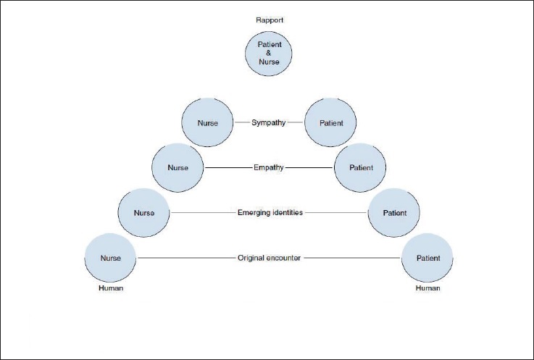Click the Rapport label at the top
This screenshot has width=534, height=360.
point(269,20)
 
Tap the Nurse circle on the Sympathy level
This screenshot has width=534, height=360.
point(208,122)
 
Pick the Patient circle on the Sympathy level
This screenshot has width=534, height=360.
point(330,122)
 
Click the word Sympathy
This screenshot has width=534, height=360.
point(269,122)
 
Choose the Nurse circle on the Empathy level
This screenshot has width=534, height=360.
point(178,167)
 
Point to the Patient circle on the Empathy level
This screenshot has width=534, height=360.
point(360,167)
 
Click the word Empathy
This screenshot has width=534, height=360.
point(269,167)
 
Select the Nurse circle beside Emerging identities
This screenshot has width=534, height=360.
point(145,212)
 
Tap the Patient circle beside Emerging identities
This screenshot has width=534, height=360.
point(395,212)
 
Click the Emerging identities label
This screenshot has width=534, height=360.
point(269,213)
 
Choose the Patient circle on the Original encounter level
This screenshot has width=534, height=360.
point(427,257)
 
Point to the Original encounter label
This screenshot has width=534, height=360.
point(269,258)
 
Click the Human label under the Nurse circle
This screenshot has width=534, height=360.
point(111,288)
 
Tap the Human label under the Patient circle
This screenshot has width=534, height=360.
point(427,288)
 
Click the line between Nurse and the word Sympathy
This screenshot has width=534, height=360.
point(241,122)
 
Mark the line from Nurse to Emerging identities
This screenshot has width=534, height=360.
point(203,213)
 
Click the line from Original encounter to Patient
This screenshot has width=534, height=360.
point(351,258)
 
